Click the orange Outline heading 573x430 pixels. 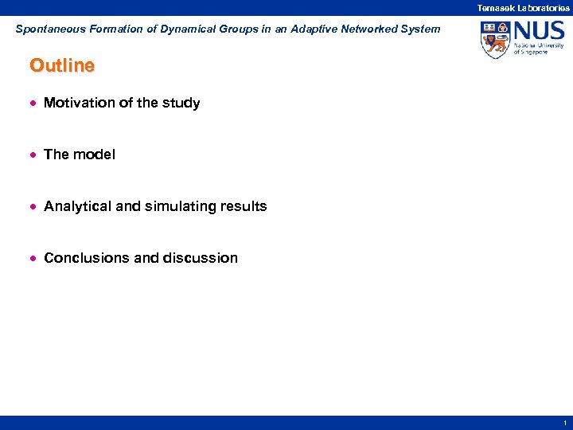click(x=62, y=66)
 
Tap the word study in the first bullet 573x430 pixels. click(x=182, y=103)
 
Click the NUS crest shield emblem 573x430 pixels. click(x=495, y=39)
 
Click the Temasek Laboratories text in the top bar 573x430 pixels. click(x=523, y=7)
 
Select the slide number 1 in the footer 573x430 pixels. click(x=563, y=423)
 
